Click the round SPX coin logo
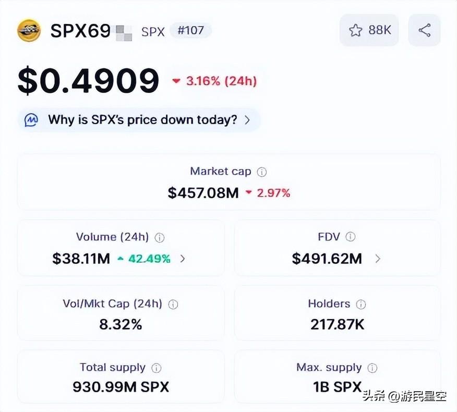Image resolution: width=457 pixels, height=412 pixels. pyautogui.click(x=29, y=30)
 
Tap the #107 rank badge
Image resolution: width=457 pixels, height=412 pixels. pyautogui.click(x=190, y=31)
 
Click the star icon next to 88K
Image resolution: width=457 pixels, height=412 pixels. pyautogui.click(x=356, y=30)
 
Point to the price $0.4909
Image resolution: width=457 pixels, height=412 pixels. pyautogui.click(x=89, y=81)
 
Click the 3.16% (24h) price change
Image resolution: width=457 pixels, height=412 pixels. pyautogui.click(x=214, y=81)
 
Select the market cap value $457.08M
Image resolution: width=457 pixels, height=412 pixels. pyautogui.click(x=203, y=193)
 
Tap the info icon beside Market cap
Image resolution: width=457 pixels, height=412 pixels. pyautogui.click(x=262, y=172)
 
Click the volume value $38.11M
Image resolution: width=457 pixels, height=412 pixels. pyautogui.click(x=81, y=259)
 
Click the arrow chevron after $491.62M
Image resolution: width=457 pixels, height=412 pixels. pyautogui.click(x=378, y=259)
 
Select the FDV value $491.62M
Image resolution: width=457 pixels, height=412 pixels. pyautogui.click(x=327, y=259)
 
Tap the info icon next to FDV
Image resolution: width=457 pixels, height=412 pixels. pyautogui.click(x=351, y=237)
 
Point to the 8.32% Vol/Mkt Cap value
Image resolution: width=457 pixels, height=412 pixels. pyautogui.click(x=121, y=324)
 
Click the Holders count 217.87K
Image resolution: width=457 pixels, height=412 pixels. pyautogui.click(x=338, y=324)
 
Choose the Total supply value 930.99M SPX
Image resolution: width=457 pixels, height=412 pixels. pyautogui.click(x=121, y=387)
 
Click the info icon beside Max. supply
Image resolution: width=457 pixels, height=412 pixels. pyautogui.click(x=372, y=368)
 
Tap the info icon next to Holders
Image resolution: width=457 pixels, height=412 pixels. pyautogui.click(x=361, y=304)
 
